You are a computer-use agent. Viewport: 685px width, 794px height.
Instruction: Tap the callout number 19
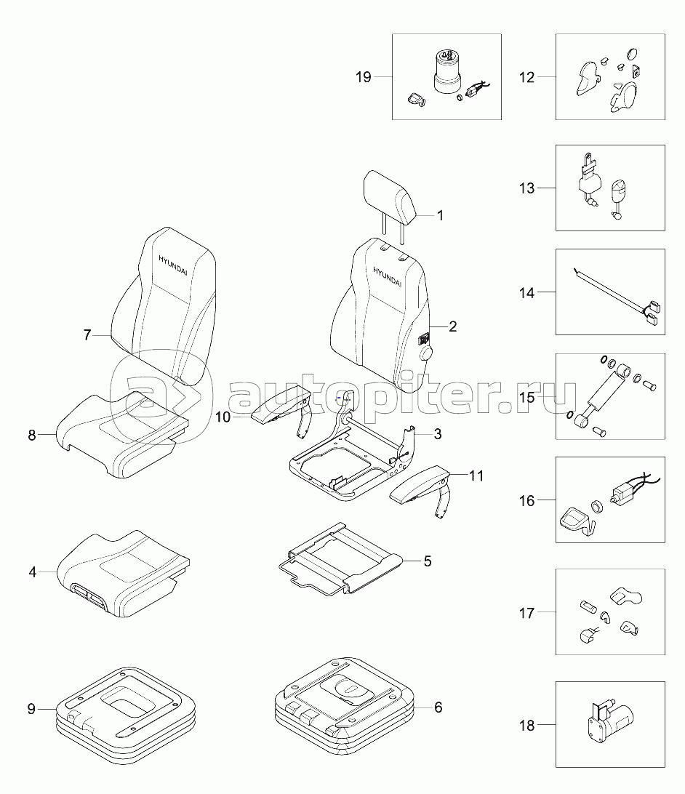point(363,77)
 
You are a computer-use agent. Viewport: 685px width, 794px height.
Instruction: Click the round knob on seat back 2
point(426,353)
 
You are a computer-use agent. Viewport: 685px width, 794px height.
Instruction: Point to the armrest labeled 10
point(281,409)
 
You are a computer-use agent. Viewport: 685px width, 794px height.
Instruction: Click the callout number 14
point(526,293)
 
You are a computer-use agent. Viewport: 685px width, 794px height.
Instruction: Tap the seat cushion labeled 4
point(124,574)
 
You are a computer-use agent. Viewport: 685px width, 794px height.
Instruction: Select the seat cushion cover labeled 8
point(122,435)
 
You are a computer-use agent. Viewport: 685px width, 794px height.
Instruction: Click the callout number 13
point(526,188)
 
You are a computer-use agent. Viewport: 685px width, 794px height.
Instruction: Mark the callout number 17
point(526,613)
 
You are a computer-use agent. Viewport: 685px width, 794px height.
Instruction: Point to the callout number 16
point(526,501)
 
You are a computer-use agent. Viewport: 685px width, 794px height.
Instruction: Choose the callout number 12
point(526,78)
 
